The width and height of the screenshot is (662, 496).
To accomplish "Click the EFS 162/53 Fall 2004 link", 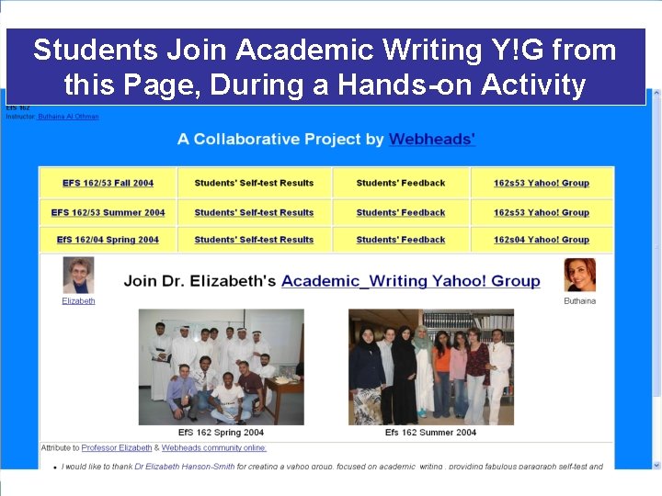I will [x=108, y=183].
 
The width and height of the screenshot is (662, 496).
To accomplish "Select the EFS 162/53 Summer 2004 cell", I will [x=108, y=212].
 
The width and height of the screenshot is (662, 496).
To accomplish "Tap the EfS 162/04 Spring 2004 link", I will [x=108, y=240].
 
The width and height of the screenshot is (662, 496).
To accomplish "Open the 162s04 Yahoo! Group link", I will [x=541, y=240].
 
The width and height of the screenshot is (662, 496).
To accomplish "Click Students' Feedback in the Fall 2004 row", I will [x=400, y=183].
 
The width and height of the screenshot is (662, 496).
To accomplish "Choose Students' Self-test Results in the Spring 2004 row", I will [x=254, y=240].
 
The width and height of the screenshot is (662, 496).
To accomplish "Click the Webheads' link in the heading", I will [x=432, y=140].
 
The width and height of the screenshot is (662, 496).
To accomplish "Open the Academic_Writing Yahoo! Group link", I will [x=410, y=281].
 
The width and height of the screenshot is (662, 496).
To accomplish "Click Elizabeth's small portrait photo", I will [x=78, y=276].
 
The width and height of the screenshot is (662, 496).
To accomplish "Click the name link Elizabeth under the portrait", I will [x=78, y=300].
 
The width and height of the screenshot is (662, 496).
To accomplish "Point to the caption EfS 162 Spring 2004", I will [x=221, y=432].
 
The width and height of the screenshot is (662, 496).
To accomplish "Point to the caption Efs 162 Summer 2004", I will [x=430, y=432].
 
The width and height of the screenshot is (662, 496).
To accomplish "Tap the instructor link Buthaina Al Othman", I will [x=68, y=117].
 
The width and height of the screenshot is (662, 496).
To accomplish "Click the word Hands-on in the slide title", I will [x=395, y=85].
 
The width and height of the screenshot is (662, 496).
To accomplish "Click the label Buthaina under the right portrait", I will [x=579, y=300].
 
